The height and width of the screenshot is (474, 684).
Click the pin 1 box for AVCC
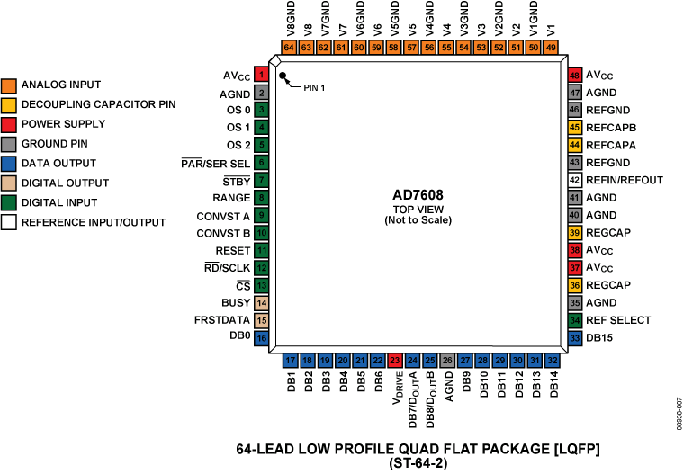tap(261, 76)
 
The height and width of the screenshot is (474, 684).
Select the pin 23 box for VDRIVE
tap(394, 360)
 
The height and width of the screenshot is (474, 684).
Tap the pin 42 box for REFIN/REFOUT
tap(574, 180)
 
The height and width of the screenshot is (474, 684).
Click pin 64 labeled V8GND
tap(289, 47)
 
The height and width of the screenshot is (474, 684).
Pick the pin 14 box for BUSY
tap(261, 303)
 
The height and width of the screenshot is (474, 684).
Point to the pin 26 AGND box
tap(447, 360)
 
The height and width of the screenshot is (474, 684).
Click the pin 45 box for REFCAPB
tap(574, 128)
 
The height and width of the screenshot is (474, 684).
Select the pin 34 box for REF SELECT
tap(574, 320)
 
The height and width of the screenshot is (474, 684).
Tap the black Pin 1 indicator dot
tap(282, 76)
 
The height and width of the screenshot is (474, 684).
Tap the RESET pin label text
tap(231, 250)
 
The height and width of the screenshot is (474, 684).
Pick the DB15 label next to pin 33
tap(604, 338)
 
